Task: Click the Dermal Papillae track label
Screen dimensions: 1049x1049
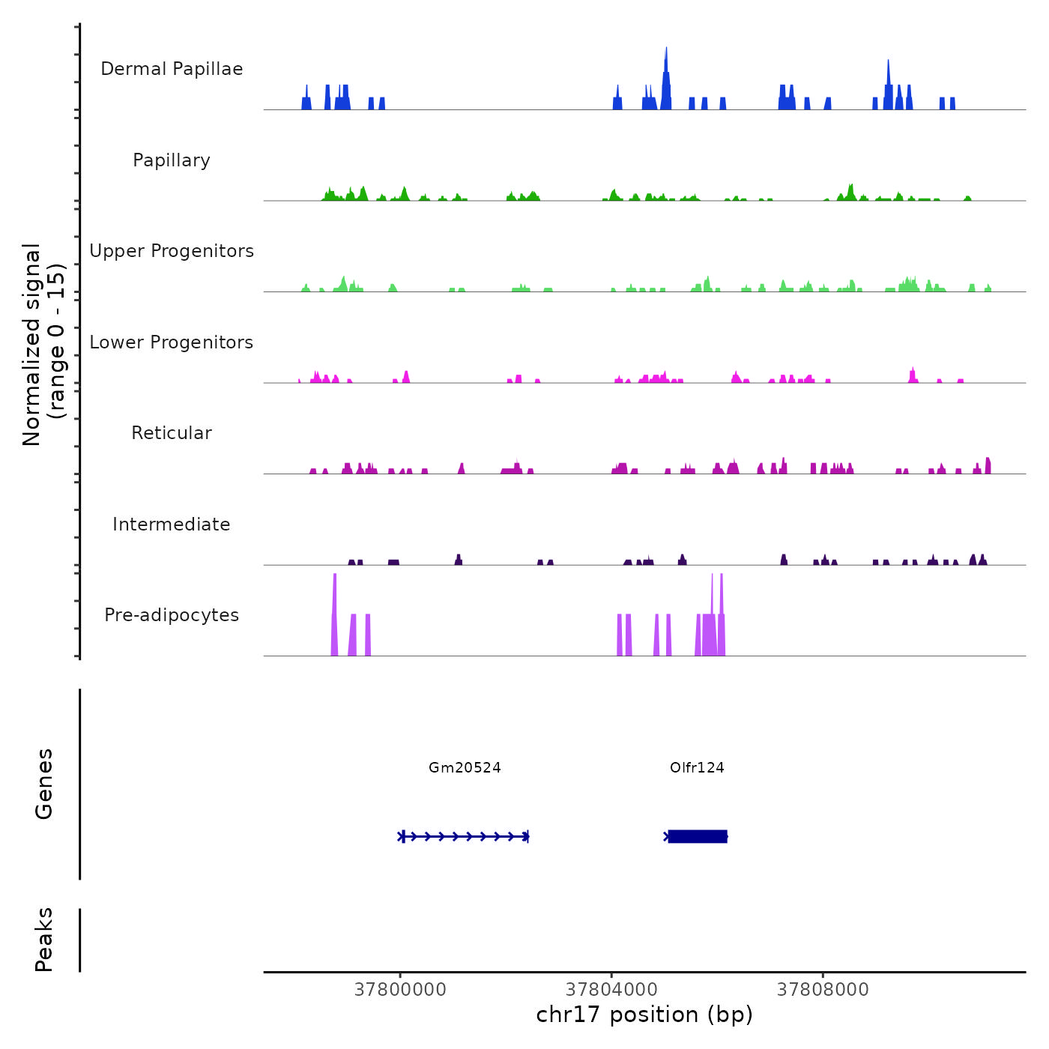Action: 172,69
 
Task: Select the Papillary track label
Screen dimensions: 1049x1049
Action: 172,160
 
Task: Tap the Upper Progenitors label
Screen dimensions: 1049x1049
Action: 172,251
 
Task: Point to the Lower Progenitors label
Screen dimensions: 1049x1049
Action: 172,342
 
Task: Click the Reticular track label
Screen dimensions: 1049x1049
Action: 172,433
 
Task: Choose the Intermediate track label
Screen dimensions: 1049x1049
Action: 172,524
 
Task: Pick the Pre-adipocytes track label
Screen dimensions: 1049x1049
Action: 172,615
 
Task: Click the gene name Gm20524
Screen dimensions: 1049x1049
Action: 465,767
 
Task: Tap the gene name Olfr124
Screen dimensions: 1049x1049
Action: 697,767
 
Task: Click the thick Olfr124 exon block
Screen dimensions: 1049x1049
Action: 698,836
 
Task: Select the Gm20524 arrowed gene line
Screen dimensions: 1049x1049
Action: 465,836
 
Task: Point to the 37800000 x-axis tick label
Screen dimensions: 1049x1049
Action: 400,990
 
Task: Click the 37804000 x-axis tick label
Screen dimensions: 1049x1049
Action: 611,990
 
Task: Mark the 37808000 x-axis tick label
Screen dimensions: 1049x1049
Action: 823,990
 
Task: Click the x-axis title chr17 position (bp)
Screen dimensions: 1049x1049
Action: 644,1015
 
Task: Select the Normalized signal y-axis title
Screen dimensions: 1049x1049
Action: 43,345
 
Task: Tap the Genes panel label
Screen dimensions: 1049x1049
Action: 44,784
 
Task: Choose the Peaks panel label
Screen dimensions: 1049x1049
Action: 44,940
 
